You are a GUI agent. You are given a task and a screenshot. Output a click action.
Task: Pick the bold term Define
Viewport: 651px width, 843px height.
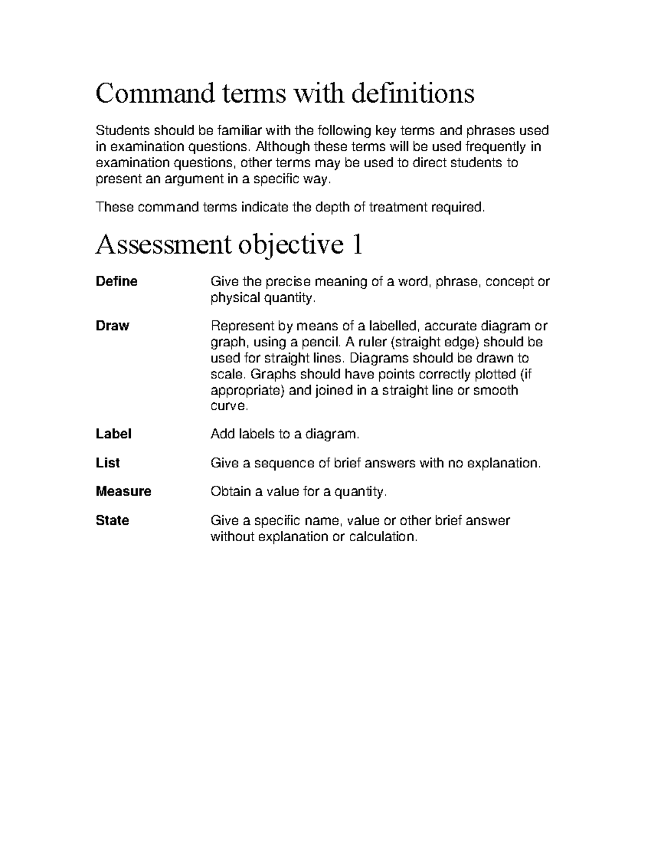coord(117,281)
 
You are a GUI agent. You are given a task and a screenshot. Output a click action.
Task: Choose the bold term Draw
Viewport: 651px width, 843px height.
coord(112,326)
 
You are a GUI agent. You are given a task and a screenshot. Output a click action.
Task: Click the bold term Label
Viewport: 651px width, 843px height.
coord(113,434)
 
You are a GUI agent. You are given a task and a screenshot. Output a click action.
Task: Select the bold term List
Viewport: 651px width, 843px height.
coord(107,462)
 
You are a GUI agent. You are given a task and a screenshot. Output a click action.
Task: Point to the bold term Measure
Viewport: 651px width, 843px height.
coord(123,491)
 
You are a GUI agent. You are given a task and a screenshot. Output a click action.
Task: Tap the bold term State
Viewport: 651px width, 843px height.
coord(112,520)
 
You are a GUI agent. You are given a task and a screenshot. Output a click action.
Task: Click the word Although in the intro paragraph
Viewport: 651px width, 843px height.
coord(283,147)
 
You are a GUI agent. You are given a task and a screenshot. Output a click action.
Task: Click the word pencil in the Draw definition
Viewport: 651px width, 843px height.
coord(322,342)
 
